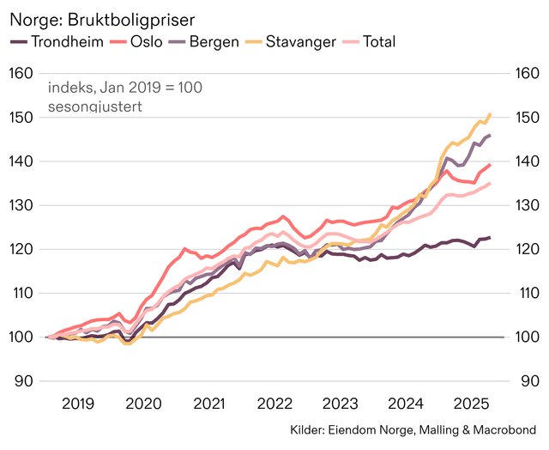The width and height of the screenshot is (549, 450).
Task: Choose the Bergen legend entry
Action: point(214,41)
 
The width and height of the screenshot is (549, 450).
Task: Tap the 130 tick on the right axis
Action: point(526,205)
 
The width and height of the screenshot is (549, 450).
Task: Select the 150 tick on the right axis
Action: point(526,118)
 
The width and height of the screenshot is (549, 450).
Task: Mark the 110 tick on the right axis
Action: point(526,294)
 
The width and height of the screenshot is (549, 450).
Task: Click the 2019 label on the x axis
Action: point(78,403)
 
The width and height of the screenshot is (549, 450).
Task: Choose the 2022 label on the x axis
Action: point(275,403)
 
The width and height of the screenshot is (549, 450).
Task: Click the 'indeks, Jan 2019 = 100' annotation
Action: point(125,88)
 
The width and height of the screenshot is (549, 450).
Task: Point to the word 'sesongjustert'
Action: point(94,107)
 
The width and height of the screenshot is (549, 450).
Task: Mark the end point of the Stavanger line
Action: point(490,114)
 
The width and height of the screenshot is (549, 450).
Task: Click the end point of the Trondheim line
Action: point(490,238)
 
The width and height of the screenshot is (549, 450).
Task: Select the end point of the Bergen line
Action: point(490,136)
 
